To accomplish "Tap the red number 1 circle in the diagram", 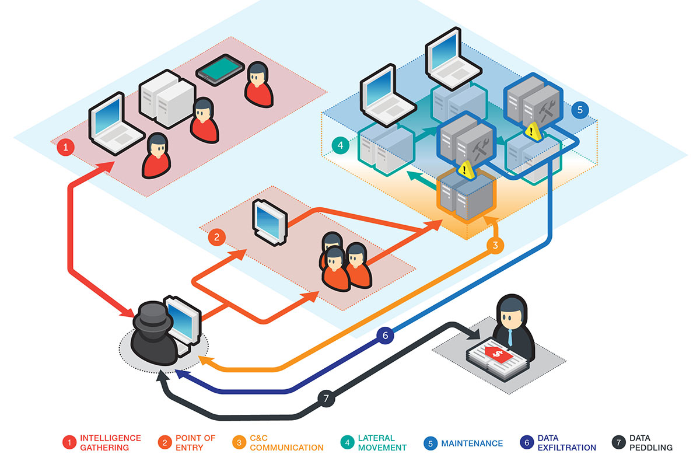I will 65,148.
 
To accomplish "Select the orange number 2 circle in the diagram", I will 216,238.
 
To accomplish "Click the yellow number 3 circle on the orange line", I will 495,246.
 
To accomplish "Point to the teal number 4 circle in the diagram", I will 339,144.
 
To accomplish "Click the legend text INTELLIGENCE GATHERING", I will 110,443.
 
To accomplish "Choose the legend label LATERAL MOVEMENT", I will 383,443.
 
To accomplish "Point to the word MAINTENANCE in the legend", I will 472,443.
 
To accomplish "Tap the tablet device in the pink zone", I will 219,70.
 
